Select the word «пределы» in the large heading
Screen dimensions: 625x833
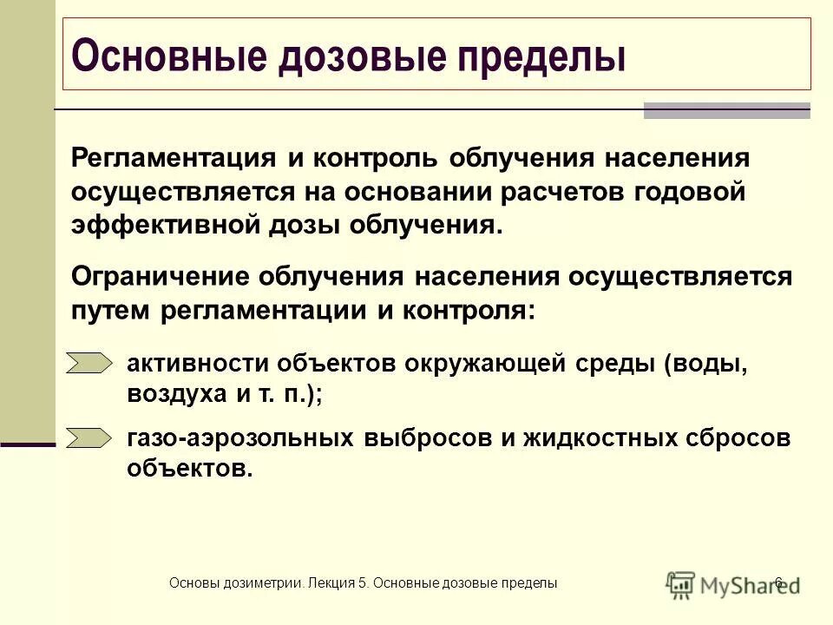tap(545, 56)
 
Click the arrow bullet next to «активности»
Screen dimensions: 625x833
tap(90, 363)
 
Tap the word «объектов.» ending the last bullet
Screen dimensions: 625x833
tap(191, 469)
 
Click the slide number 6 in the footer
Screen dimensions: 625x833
tap(778, 582)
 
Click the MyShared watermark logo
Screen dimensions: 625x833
tap(733, 583)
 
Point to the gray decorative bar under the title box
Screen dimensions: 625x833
tap(727, 110)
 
